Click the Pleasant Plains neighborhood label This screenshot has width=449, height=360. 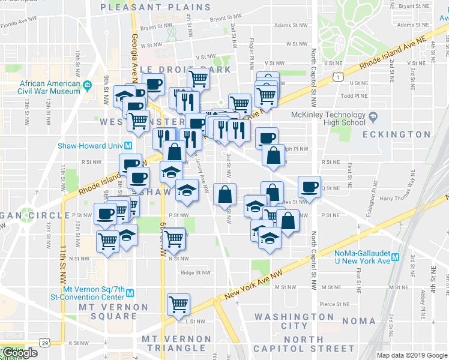[156, 7]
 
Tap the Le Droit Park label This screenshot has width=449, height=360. [186, 70]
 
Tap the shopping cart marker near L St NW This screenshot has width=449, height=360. [178, 304]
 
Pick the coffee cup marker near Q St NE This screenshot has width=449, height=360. [309, 186]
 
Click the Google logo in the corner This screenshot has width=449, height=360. [19, 353]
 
